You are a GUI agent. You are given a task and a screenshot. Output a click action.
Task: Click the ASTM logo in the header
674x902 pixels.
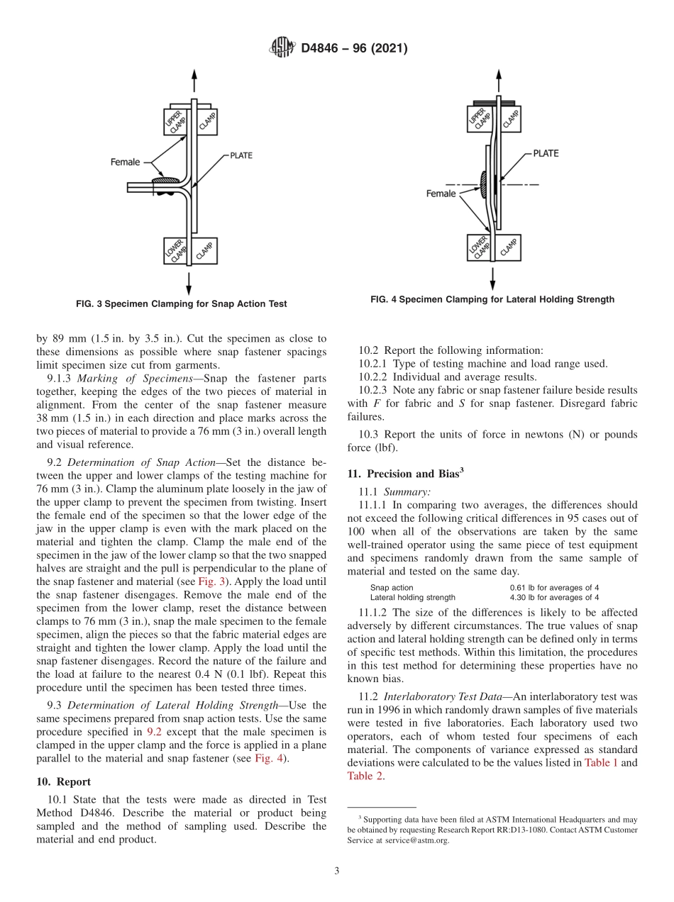(282, 48)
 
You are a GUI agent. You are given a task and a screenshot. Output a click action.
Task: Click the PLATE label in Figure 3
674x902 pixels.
(241, 155)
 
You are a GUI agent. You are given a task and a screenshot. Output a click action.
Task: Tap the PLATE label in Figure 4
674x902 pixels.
(546, 153)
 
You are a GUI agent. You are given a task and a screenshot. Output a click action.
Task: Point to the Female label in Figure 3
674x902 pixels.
(125, 162)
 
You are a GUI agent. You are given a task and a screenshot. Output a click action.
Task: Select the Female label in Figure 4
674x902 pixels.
(441, 194)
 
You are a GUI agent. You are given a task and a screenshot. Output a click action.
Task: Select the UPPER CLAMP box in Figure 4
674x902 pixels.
(480, 118)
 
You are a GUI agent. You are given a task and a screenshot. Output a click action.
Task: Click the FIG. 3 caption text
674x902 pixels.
(181, 304)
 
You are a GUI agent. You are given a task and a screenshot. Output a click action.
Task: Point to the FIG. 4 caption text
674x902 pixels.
(492, 300)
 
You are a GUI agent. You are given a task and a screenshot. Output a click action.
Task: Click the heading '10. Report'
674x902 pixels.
(63, 781)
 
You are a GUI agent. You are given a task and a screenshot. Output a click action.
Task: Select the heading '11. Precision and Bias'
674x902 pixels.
(405, 474)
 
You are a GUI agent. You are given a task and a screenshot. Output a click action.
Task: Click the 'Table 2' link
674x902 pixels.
(365, 776)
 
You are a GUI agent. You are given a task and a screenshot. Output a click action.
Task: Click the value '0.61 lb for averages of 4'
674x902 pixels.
(554, 588)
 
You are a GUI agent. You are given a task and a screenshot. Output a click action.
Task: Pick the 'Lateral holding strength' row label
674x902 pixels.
(412, 598)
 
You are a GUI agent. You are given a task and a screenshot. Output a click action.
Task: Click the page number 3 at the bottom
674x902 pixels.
(336, 871)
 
